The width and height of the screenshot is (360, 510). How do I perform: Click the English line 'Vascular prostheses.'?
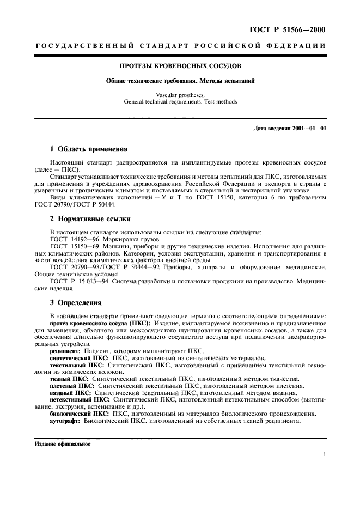point(180,94)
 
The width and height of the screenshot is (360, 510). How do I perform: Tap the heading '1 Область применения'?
point(88,149)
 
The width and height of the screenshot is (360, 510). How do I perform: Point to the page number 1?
point(324,454)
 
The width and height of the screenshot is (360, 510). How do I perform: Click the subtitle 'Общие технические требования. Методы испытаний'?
point(180,81)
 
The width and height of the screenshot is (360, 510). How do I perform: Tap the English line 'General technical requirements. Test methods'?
point(180,101)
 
